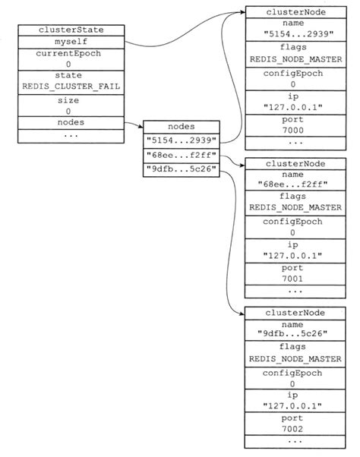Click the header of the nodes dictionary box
pyautogui.click(x=182, y=128)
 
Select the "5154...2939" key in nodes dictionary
pyautogui.click(x=182, y=141)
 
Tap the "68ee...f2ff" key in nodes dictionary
pyautogui.click(x=182, y=156)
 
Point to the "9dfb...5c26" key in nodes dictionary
pyautogui.click(x=182, y=170)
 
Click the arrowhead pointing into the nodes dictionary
pyautogui.click(x=141, y=128)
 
